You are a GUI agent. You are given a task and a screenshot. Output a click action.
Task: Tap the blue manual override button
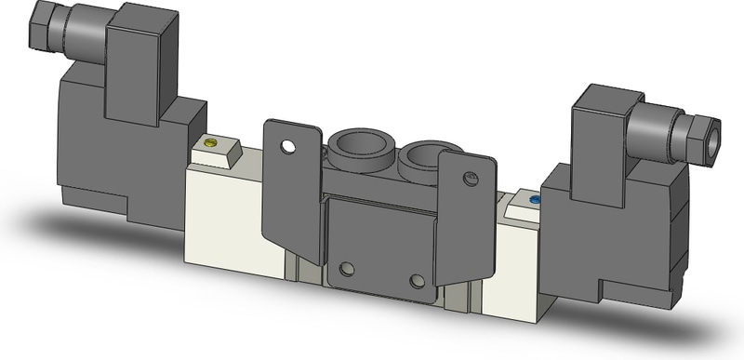pos(534,200)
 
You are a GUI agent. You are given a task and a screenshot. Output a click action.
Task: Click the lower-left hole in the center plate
pos(348,269)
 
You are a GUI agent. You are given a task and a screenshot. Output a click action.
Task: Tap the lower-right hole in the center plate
pos(416,280)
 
